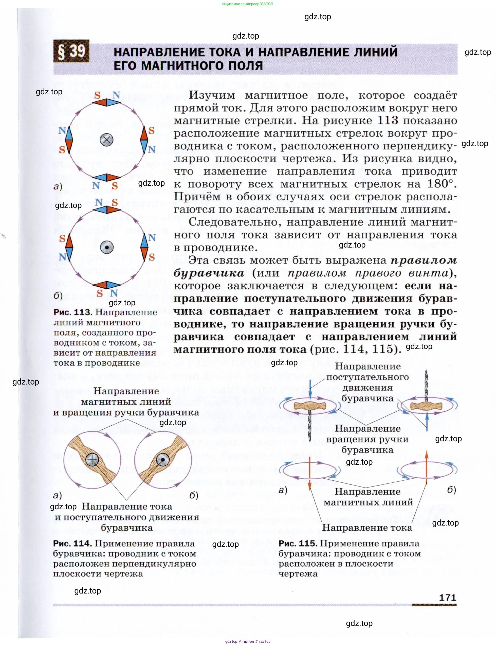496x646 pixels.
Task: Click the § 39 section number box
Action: (x=71, y=51)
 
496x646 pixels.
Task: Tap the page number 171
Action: (x=448, y=597)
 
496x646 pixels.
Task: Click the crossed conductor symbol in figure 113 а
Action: (x=107, y=140)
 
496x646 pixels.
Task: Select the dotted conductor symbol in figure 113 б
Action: (x=107, y=247)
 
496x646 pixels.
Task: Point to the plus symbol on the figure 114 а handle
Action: (x=92, y=460)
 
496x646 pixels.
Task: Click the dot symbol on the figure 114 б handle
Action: (x=162, y=460)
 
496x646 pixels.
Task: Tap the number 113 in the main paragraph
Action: (x=388, y=120)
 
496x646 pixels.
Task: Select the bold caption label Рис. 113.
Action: (x=73, y=312)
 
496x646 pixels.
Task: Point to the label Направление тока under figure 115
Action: (x=367, y=528)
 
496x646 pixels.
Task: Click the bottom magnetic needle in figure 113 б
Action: (x=107, y=285)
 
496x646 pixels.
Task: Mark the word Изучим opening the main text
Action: (x=212, y=95)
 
